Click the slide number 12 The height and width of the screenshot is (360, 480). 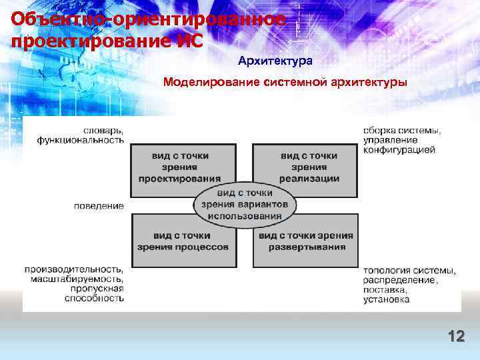tap(456, 337)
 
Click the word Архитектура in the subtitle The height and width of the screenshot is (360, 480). tap(275, 61)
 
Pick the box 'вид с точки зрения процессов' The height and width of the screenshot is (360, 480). tap(183, 241)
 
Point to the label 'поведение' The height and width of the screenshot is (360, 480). tap(99, 206)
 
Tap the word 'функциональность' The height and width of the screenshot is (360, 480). tap(81, 140)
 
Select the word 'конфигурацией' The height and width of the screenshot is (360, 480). tap(399, 150)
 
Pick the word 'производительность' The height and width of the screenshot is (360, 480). tap(74, 269)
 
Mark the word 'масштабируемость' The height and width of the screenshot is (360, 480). tap(77, 279)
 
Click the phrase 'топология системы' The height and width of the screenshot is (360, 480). tap(409, 271)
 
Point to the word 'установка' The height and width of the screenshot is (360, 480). tap(387, 300)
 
